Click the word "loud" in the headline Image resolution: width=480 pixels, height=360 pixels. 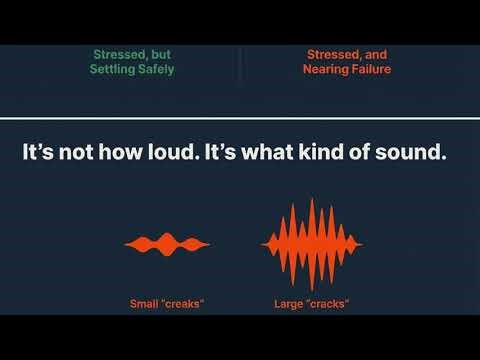[x=173, y=155]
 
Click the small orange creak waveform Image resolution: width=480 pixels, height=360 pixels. [x=167, y=244]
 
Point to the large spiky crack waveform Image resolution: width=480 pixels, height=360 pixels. [x=311, y=243]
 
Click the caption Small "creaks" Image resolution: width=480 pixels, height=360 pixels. [x=167, y=303]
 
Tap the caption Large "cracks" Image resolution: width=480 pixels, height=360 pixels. [x=311, y=303]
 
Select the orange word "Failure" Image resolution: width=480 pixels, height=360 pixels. [x=368, y=70]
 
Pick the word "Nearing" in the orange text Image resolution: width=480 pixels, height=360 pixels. [x=324, y=70]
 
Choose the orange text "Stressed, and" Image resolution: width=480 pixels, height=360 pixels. [x=346, y=55]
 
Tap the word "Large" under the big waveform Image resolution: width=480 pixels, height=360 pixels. [x=287, y=303]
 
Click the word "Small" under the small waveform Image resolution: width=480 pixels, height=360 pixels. [x=144, y=303]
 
